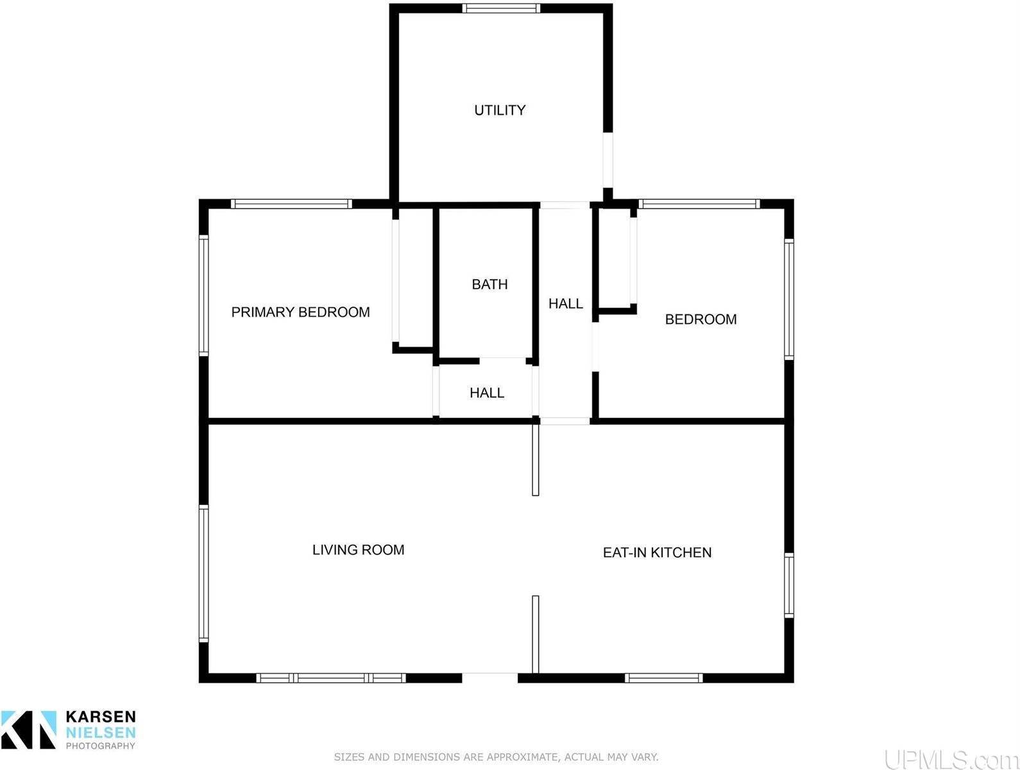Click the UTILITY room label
coord(500,110)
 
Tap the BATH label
coord(489,284)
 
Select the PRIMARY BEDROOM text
coord(300,312)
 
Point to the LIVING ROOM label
coord(358,550)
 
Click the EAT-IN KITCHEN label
coord(657,552)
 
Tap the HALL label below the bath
coord(486,393)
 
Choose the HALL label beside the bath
coord(565,304)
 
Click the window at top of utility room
coord(501,8)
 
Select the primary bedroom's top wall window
coord(291,203)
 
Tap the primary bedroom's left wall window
coord(203,296)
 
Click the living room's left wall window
coord(203,574)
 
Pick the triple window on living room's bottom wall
coord(331,678)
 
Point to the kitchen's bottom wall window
coord(663,678)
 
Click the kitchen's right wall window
coord(788,585)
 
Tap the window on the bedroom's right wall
coord(788,299)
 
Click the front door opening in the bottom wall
coord(489,678)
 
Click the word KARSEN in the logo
coord(100,716)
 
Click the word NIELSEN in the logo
coord(100,733)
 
